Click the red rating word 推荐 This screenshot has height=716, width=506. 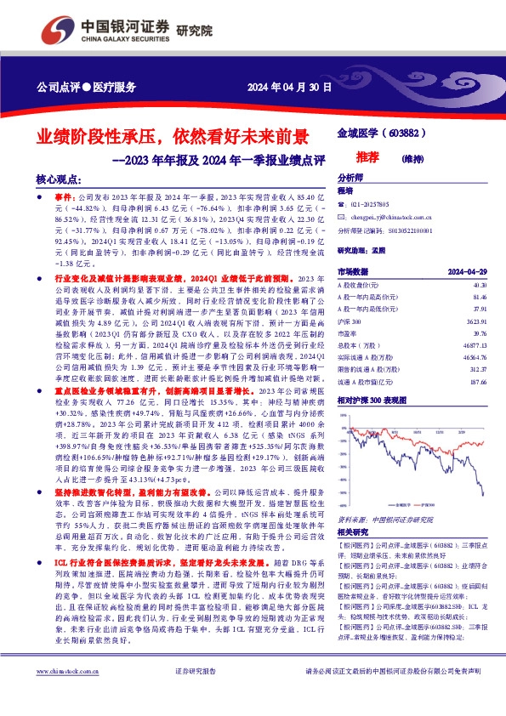click(x=391, y=157)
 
